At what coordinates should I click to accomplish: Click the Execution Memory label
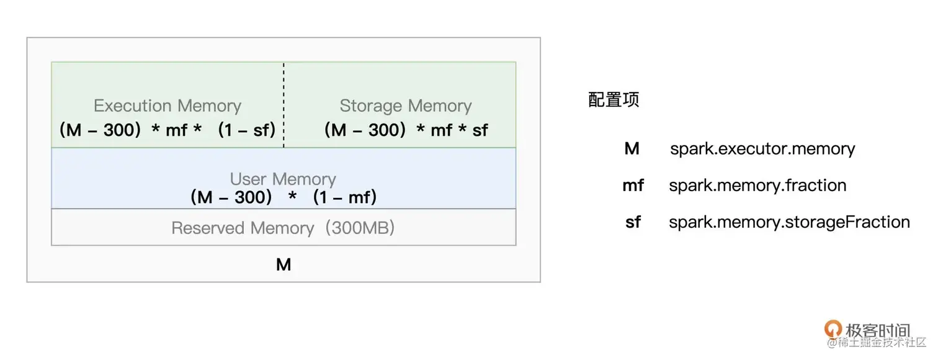pyautogui.click(x=167, y=106)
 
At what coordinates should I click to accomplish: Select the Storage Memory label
pyautogui.click(x=406, y=106)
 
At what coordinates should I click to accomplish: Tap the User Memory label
pyautogui.click(x=283, y=179)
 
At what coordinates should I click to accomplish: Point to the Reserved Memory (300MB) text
pyautogui.click(x=283, y=228)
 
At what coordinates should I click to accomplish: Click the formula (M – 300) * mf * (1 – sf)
pyautogui.click(x=167, y=130)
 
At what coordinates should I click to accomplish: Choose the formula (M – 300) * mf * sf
pyautogui.click(x=406, y=130)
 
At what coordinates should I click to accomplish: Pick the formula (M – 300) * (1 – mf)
pyautogui.click(x=283, y=197)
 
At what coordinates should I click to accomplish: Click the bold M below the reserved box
pyautogui.click(x=284, y=265)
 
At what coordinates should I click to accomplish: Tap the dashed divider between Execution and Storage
pyautogui.click(x=284, y=104)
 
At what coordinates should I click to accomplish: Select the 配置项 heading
pyautogui.click(x=614, y=100)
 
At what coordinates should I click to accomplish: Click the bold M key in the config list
pyautogui.click(x=632, y=149)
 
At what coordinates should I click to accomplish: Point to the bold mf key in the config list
pyautogui.click(x=633, y=186)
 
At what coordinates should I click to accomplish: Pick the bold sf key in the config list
pyautogui.click(x=633, y=222)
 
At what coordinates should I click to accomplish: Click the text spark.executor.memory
pyautogui.click(x=762, y=149)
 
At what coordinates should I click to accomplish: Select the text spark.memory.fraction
pyautogui.click(x=757, y=186)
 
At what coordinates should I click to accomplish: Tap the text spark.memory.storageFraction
pyautogui.click(x=789, y=222)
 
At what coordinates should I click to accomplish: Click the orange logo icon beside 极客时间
pyautogui.click(x=833, y=330)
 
